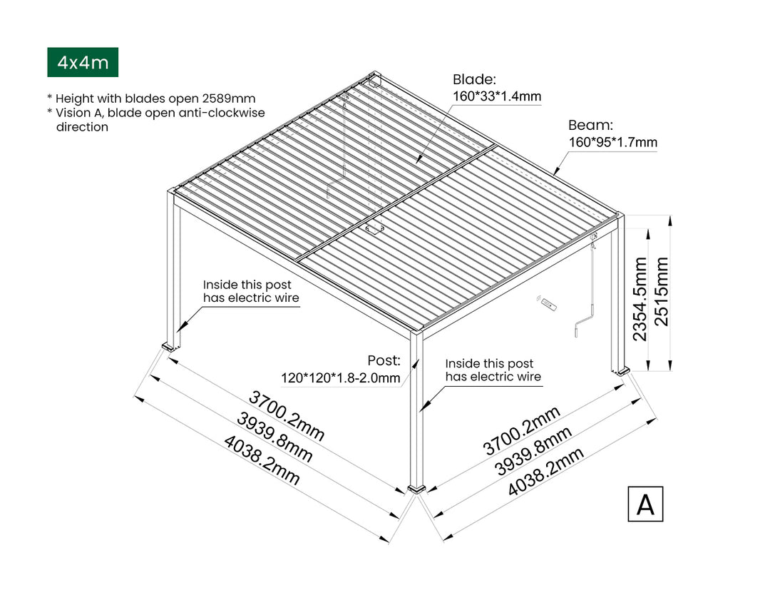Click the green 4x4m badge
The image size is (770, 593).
(83, 63)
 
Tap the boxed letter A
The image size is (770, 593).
(645, 504)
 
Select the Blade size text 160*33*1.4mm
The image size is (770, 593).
(497, 96)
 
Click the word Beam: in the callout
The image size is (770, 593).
(590, 125)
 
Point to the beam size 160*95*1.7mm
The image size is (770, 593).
(612, 142)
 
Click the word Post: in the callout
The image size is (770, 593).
(384, 360)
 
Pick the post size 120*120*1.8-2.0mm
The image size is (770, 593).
(340, 378)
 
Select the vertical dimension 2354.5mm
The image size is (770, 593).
(640, 299)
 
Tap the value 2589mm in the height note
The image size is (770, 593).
(232, 98)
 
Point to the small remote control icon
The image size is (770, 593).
(548, 305)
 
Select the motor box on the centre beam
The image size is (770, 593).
(374, 229)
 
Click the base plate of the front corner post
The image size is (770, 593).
(416, 490)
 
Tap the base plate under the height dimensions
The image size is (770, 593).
(620, 371)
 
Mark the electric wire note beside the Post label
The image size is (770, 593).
(493, 370)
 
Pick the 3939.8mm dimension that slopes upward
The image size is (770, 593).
(534, 450)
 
